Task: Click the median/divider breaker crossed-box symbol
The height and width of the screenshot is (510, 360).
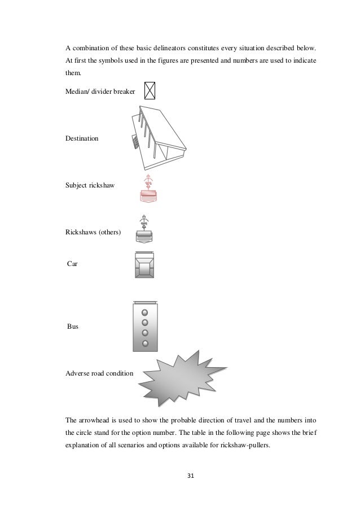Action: (150, 90)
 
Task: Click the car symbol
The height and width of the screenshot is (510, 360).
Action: (145, 264)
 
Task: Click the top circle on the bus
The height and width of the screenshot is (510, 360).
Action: (145, 313)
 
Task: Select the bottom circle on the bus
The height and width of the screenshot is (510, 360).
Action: (145, 343)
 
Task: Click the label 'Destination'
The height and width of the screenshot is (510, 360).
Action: (81, 138)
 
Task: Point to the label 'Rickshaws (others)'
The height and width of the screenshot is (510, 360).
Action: (93, 232)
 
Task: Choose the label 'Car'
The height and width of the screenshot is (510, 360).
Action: (72, 264)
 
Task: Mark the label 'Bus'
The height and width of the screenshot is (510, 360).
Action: (72, 326)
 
